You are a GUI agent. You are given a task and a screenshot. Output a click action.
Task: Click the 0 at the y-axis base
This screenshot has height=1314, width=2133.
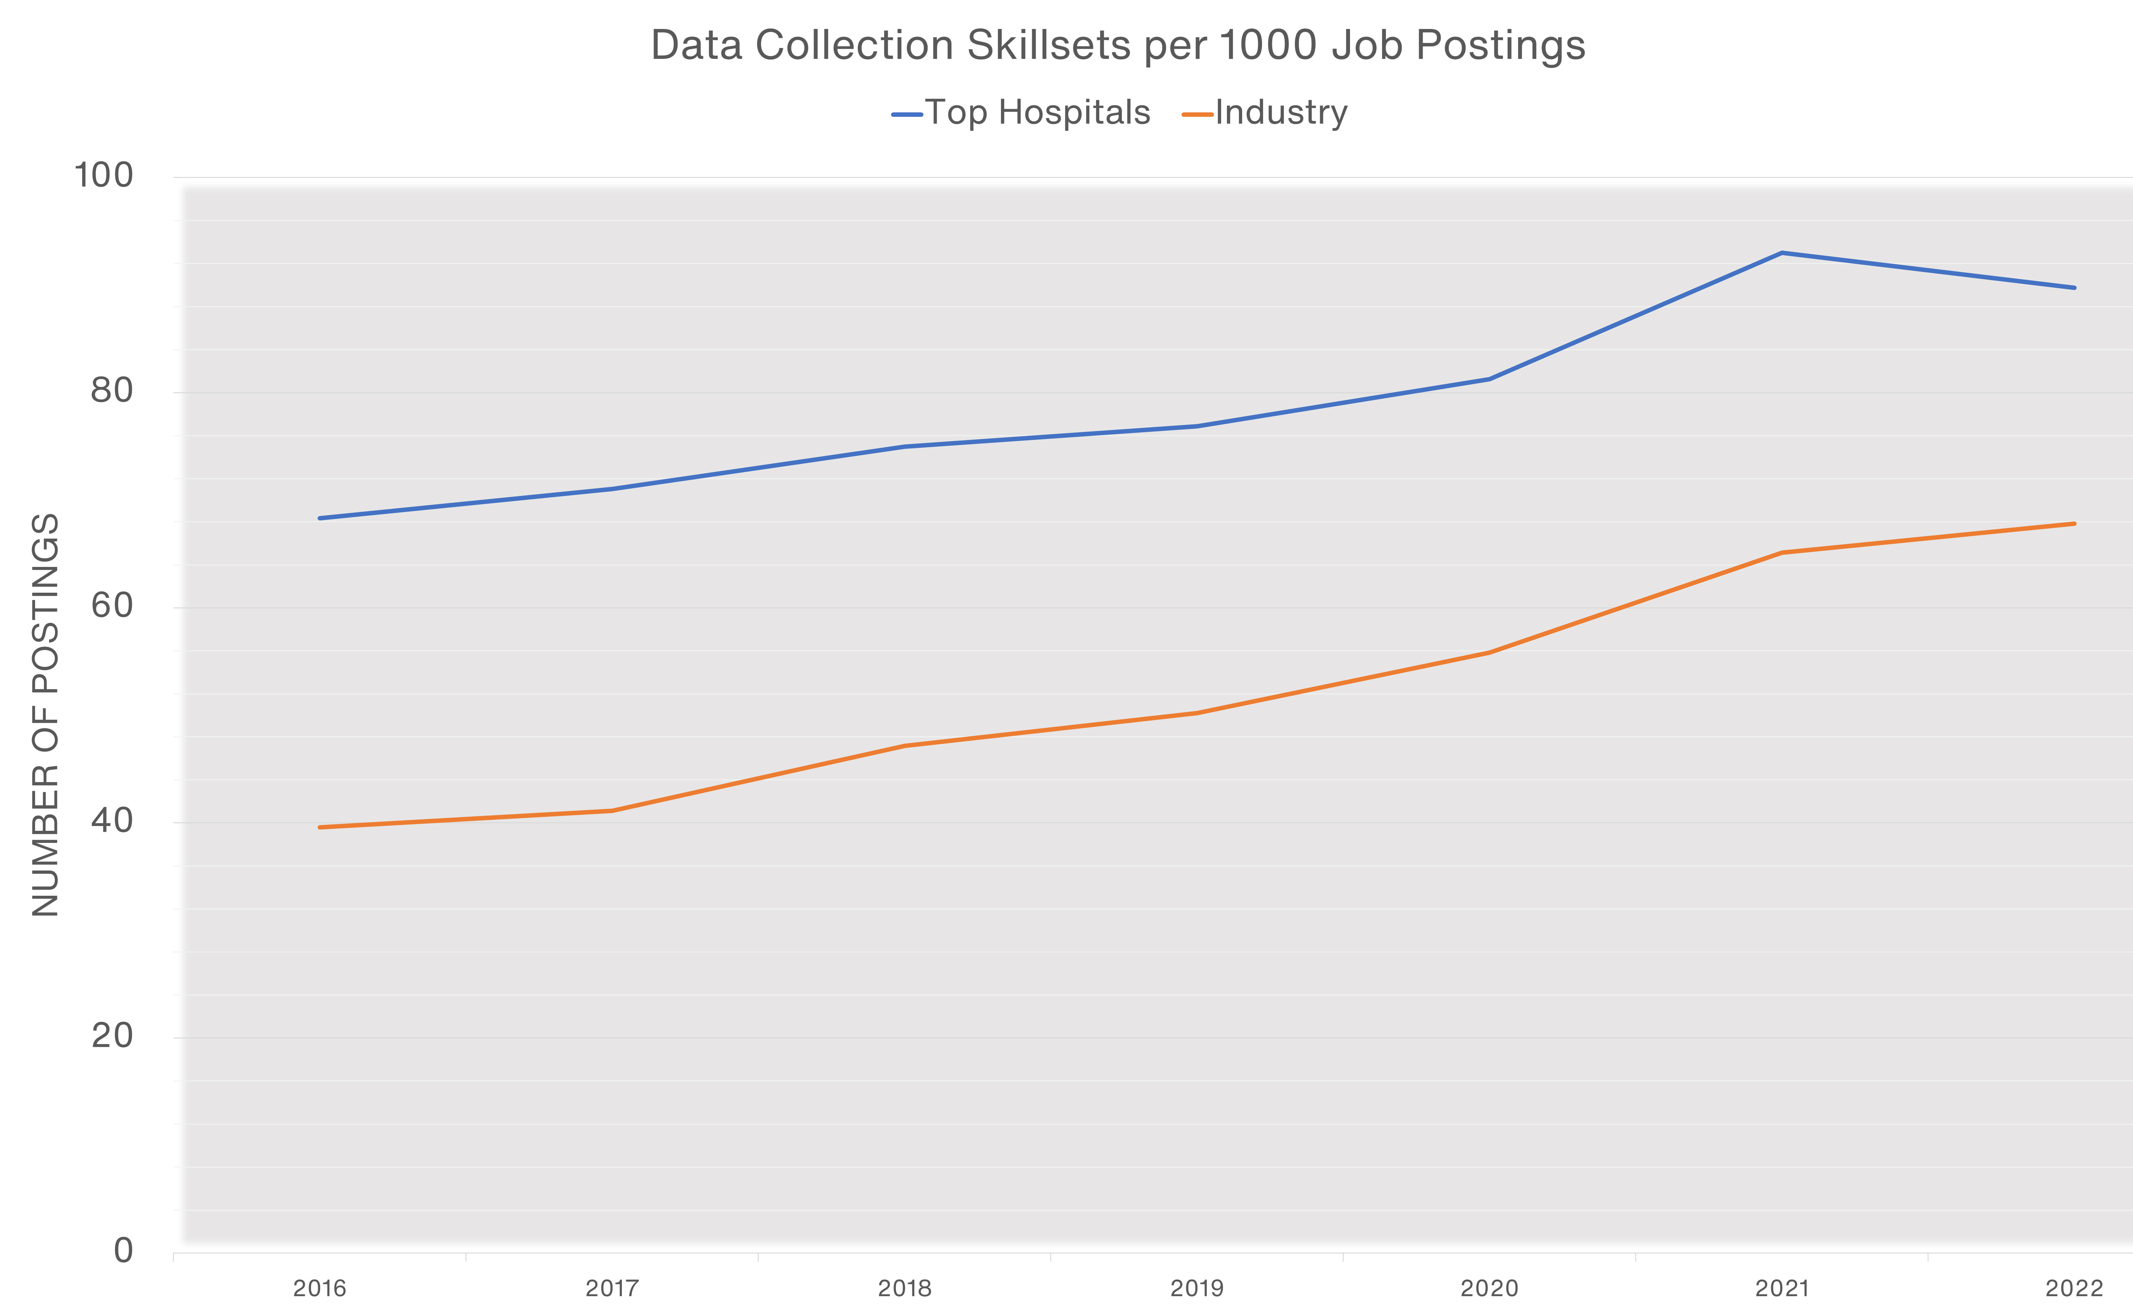[x=124, y=1251]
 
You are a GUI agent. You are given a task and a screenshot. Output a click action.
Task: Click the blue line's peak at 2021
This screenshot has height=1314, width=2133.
[x=1782, y=253]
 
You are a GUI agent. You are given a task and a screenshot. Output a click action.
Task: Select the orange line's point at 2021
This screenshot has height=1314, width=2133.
[x=1782, y=553]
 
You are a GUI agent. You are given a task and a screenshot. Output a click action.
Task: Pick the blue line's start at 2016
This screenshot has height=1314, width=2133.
[x=320, y=518]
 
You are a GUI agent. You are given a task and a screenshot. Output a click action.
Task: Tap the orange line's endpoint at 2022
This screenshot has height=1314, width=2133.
[x=2074, y=524]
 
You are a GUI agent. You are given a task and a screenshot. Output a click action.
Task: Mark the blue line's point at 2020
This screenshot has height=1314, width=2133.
[x=1490, y=379]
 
